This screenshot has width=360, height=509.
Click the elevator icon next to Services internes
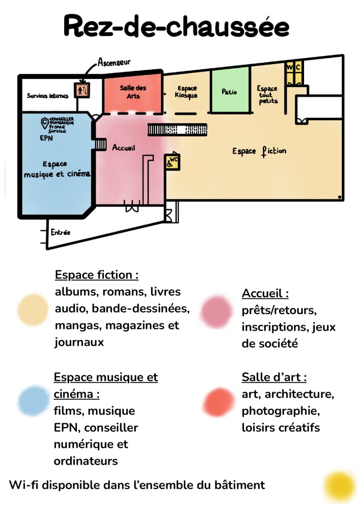82,90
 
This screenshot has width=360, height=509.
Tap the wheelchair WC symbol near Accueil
172,162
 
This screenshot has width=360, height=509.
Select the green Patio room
230,92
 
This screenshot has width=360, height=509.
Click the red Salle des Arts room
133,92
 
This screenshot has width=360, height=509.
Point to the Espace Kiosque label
186,92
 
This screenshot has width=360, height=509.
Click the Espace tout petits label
267,95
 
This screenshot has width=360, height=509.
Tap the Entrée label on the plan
60,233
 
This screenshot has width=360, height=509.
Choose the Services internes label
44,96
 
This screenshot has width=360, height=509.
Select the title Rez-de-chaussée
176,26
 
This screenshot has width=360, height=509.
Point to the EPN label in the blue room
46,137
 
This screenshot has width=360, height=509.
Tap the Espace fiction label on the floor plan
259,151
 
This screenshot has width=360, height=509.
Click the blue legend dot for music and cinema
33,401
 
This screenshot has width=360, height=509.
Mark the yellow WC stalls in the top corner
294,74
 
